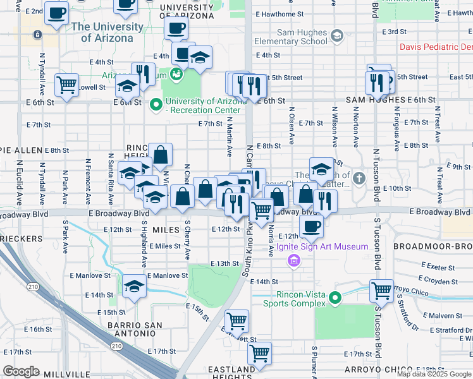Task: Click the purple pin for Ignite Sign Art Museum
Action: tap(293, 260)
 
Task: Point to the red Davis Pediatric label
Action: tap(436, 47)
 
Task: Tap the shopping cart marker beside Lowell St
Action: tap(66, 85)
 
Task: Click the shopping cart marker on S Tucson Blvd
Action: tap(381, 291)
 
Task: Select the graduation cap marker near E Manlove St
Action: tap(134, 287)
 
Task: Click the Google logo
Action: tap(21, 371)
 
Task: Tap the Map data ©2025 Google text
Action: tap(434, 374)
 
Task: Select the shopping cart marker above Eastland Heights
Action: tap(259, 354)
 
